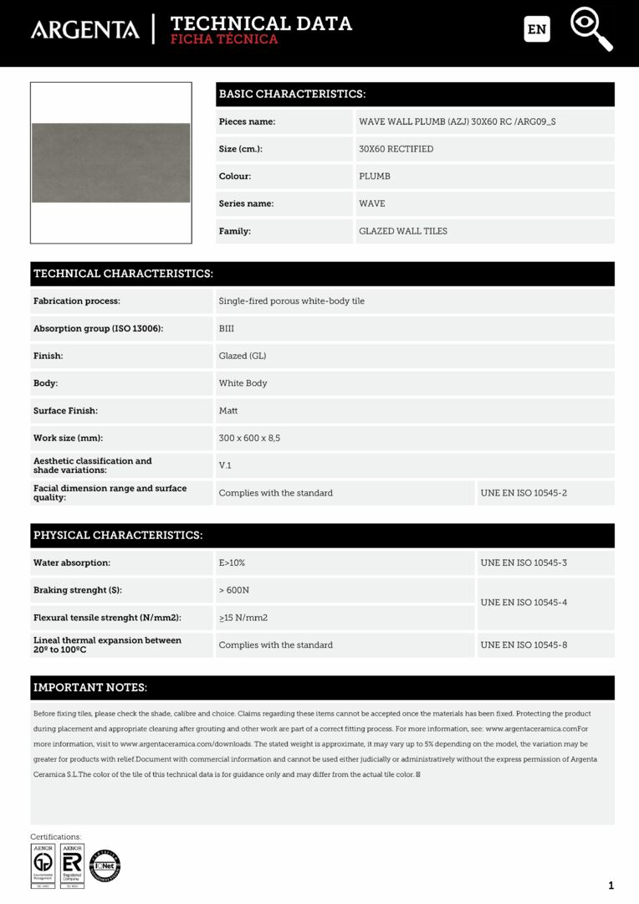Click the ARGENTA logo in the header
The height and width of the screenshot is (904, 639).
[x=85, y=30]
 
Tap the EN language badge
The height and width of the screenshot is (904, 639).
[x=537, y=29]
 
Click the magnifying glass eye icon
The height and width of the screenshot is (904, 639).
[x=591, y=28]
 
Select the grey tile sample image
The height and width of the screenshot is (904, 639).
[x=111, y=162]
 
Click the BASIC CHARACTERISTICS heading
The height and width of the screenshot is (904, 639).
[x=292, y=94]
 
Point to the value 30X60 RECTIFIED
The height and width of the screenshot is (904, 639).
[x=396, y=149]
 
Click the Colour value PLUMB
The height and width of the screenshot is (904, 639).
[x=375, y=177]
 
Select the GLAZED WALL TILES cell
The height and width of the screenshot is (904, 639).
[x=403, y=231]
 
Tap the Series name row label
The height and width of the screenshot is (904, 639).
[x=246, y=203]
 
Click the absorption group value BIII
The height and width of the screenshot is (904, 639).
[x=227, y=329]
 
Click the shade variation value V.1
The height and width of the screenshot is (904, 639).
[x=225, y=465]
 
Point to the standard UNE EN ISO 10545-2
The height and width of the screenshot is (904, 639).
[x=524, y=493]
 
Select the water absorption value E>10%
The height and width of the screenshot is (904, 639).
[x=232, y=562]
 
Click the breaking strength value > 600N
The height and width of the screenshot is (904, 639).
[x=234, y=590]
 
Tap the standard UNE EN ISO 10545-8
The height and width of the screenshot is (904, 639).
[x=524, y=645]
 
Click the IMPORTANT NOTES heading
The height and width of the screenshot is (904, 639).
[x=90, y=688]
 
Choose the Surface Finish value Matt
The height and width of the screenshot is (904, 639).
[x=228, y=411]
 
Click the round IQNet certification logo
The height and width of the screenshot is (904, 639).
[x=105, y=865]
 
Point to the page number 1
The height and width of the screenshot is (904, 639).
[x=611, y=886]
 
